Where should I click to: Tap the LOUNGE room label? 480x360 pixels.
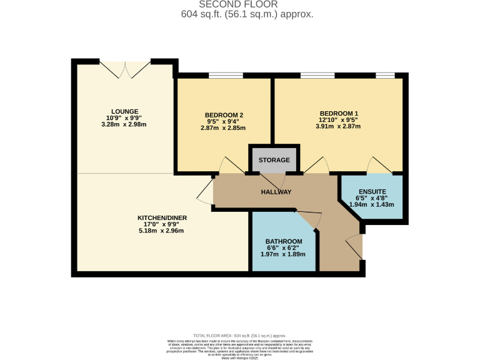point(126,112)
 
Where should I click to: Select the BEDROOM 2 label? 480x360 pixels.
point(224,115)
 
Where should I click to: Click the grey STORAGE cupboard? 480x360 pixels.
point(274,160)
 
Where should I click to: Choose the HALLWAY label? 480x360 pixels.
point(276,192)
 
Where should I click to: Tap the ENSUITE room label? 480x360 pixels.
point(372,191)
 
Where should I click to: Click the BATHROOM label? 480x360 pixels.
point(284,242)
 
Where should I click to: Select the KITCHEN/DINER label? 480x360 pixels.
point(162,218)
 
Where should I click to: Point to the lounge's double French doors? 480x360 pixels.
point(125,69)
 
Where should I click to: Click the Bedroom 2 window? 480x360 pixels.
point(226,76)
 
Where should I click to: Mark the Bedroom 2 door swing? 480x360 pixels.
point(231,165)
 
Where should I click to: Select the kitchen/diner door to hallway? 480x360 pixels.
point(205,192)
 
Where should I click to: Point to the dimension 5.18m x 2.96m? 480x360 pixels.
point(162,231)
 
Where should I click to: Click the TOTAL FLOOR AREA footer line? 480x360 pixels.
point(239,336)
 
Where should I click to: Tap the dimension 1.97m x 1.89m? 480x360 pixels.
point(284,254)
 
